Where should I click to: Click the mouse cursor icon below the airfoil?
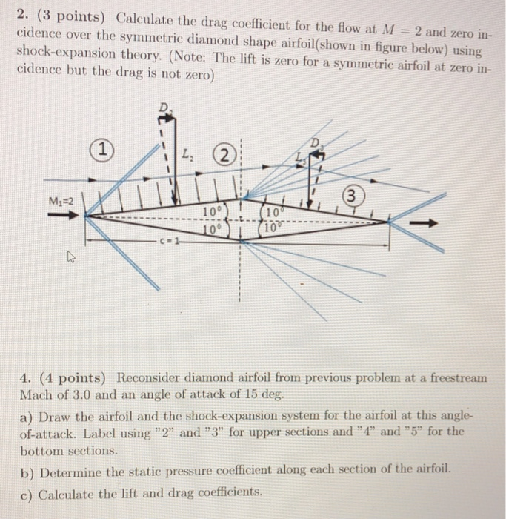point(70,258)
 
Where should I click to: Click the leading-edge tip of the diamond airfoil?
point(86,217)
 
